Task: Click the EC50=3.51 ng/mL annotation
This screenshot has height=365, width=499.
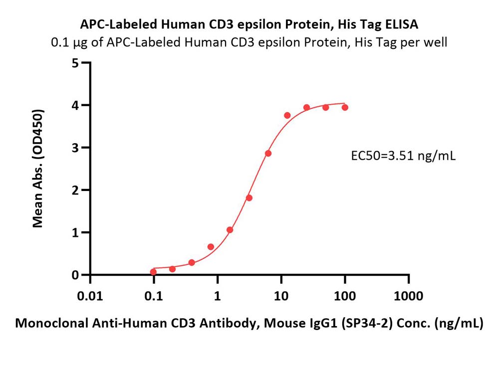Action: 403,156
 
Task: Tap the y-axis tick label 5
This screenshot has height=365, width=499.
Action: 75,63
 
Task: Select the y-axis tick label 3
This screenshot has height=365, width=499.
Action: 75,148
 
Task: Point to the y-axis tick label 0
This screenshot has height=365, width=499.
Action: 75,275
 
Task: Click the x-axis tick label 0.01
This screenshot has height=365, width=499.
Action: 90,296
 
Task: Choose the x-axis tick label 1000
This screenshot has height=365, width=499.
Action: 408,296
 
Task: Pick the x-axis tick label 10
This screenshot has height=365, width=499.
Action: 281,296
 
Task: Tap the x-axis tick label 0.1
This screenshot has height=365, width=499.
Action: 153,296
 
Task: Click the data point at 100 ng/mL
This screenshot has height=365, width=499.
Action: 345,108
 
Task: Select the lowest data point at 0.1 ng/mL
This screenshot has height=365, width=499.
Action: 153,272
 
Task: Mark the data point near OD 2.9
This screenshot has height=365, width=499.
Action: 268,153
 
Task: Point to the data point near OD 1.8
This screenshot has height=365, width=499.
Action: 249,198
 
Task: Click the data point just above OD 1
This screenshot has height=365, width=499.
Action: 230,229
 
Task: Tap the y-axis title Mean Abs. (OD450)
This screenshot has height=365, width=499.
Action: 38,169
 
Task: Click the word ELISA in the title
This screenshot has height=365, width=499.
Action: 402,24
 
